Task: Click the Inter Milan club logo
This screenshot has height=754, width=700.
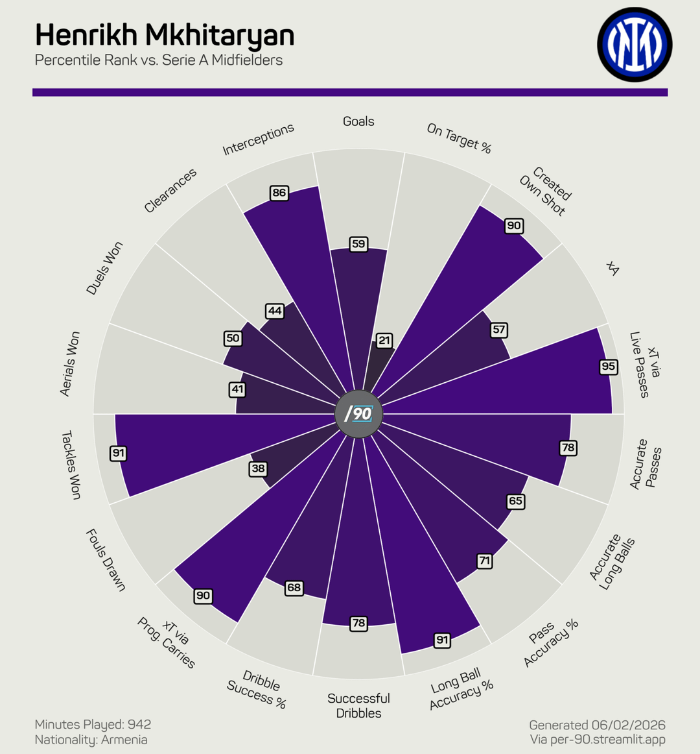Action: click(x=635, y=44)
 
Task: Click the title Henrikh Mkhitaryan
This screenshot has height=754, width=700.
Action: click(x=165, y=35)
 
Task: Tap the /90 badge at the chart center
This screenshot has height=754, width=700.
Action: click(x=358, y=413)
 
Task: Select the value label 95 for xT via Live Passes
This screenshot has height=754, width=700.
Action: click(x=608, y=367)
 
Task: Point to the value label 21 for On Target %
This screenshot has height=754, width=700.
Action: click(x=384, y=340)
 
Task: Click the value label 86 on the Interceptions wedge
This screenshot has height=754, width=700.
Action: click(x=279, y=193)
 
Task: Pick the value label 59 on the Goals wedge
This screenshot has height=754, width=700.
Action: click(x=358, y=244)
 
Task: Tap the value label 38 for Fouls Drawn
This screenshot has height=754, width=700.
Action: click(x=258, y=468)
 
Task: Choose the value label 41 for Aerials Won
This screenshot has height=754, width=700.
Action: click(x=237, y=389)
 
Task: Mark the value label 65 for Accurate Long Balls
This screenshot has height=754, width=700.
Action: click(x=515, y=501)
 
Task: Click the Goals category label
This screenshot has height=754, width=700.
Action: click(x=358, y=121)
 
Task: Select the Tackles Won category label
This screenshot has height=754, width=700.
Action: click(x=71, y=465)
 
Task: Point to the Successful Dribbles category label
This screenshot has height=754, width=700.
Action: click(x=358, y=705)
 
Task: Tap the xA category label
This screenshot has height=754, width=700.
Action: click(x=612, y=268)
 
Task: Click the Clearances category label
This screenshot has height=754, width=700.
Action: click(x=170, y=191)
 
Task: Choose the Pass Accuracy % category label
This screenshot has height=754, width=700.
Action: click(x=550, y=643)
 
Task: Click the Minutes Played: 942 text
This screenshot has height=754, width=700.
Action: click(x=93, y=724)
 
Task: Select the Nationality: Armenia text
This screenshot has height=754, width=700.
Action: click(x=91, y=740)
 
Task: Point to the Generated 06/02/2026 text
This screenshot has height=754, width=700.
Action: click(x=597, y=725)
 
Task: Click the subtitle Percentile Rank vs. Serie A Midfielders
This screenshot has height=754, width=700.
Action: click(x=159, y=60)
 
